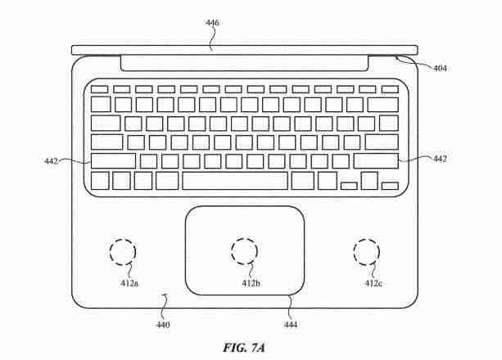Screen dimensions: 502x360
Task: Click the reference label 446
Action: [x=212, y=23]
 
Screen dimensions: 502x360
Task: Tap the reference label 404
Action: [x=440, y=68]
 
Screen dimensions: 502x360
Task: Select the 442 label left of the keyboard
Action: [x=52, y=161]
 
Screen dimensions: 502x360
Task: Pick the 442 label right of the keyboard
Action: [x=440, y=159]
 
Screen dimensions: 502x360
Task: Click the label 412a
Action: [x=129, y=283]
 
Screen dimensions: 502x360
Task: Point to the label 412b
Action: [x=251, y=283]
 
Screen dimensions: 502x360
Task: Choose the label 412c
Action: [x=373, y=283]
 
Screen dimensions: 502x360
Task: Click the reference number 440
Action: [x=163, y=325]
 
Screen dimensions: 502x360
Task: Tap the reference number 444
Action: [x=291, y=325]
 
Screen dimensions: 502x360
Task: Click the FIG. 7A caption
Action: [x=244, y=348]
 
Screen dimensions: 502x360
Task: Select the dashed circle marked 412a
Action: [x=123, y=239]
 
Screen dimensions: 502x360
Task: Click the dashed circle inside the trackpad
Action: [x=244, y=238]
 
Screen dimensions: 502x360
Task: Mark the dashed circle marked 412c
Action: [x=367, y=239]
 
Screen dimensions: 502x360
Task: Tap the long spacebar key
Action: [x=235, y=181]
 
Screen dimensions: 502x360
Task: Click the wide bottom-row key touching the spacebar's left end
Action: [x=167, y=181]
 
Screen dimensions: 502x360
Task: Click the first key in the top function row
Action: [x=99, y=89]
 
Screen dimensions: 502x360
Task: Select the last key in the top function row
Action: [x=390, y=89]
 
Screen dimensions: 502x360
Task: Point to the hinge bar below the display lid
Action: [x=244, y=64]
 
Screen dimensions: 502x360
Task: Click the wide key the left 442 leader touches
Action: [x=113, y=161]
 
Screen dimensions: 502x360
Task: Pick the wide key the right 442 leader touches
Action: [x=376, y=161]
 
